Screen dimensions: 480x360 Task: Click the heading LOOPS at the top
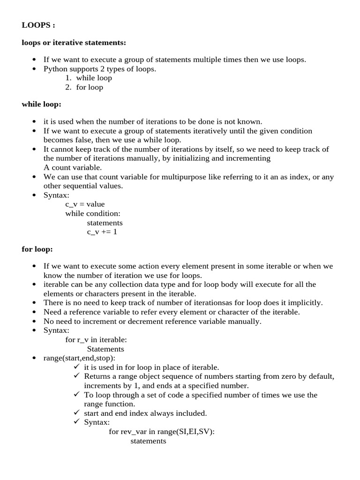pos(38,25)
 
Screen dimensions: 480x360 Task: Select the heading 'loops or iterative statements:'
pos(74,43)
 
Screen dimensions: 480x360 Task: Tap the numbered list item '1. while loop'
pos(89,78)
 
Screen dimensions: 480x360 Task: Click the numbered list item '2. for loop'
pos(84,87)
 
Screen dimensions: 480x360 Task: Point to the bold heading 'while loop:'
pos(41,104)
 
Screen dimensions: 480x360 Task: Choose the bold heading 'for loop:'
pos(37,249)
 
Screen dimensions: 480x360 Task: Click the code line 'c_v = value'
pos(85,204)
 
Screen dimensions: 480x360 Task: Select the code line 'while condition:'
pos(93,213)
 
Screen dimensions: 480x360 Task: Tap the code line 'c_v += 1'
pos(102,232)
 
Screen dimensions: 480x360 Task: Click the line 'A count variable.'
pos(73,167)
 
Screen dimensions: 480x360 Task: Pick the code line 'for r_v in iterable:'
pos(96,339)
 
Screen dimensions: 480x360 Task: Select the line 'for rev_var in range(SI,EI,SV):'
pos(162,432)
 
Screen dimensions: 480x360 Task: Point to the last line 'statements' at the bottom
pos(148,441)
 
